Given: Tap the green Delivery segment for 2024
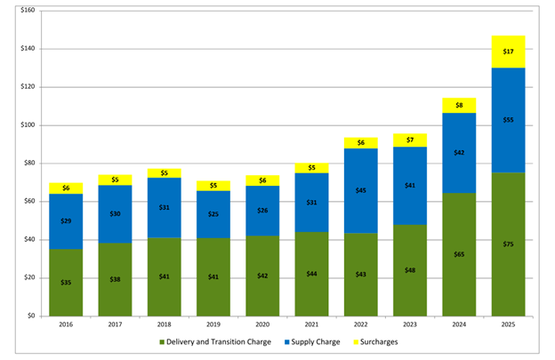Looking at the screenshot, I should tap(458, 267).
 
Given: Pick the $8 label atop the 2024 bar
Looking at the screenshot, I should tap(459, 105).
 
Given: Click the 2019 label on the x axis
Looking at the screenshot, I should tap(213, 325).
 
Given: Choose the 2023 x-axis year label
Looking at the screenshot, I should tap(410, 325).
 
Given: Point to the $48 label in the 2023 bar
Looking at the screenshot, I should tap(410, 270).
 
